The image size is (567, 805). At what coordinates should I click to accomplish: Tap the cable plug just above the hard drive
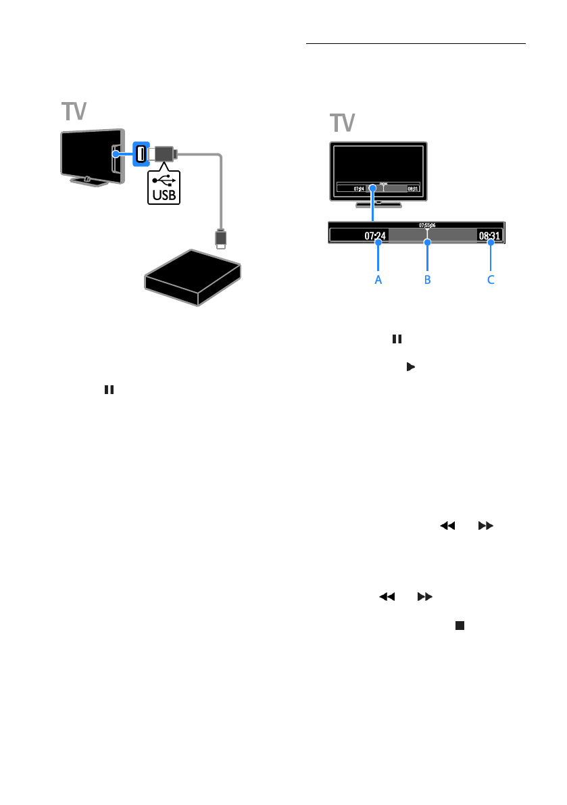pyautogui.click(x=220, y=239)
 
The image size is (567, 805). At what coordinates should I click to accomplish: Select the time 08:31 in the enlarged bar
pyautogui.click(x=489, y=237)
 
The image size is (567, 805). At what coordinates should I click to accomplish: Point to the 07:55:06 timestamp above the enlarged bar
pyautogui.click(x=427, y=224)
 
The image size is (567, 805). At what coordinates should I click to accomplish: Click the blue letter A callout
pyautogui.click(x=378, y=279)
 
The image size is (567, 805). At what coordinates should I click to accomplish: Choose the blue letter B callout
pyautogui.click(x=427, y=279)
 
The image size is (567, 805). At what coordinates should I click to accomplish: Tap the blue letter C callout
pyautogui.click(x=491, y=279)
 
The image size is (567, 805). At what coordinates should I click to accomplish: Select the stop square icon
pyautogui.click(x=460, y=626)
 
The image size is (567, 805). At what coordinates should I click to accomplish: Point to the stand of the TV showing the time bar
pyautogui.click(x=378, y=203)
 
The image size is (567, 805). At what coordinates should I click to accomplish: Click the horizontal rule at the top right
pyautogui.click(x=416, y=44)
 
